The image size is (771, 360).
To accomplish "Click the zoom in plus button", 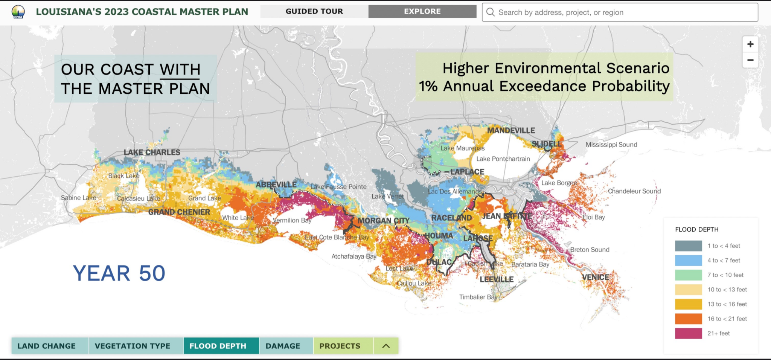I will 750,44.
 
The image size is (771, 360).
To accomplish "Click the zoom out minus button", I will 750,60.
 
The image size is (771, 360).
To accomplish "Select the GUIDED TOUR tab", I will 314,11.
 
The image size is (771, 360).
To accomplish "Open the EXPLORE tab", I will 422,11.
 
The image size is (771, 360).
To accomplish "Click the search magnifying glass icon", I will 490,12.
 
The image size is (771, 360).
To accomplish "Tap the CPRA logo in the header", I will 18,12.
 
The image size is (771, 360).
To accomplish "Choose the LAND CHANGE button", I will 47,346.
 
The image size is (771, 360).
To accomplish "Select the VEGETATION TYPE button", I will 133,346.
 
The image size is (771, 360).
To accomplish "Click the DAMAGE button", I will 283,346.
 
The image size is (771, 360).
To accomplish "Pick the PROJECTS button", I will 340,346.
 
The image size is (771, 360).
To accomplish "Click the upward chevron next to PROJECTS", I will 386,346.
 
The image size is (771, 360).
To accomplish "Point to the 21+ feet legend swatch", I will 688,333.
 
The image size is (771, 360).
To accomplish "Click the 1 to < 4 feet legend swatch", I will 688,246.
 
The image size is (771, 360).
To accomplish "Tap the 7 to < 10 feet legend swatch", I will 688,275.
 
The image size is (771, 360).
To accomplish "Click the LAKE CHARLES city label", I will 152,152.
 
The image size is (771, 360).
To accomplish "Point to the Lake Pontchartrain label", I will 503,159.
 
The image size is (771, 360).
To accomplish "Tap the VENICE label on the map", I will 595,277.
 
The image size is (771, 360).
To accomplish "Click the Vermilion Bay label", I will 292,220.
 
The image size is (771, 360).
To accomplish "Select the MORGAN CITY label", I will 383,221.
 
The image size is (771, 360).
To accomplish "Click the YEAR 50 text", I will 119,273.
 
